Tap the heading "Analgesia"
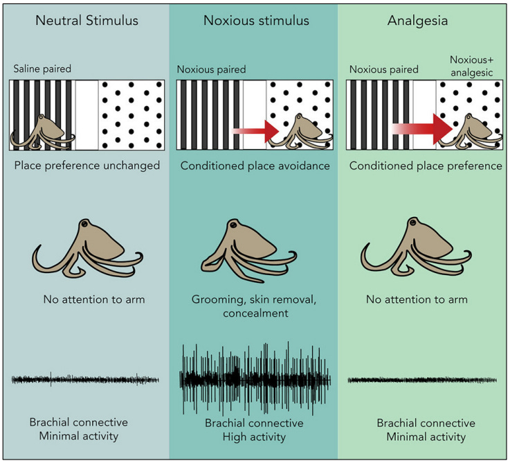[427, 20]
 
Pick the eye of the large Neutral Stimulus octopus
[84, 226]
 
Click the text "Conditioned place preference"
[426, 166]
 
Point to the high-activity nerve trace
[255, 379]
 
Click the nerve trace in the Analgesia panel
[424, 380]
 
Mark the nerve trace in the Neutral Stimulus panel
[86, 380]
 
